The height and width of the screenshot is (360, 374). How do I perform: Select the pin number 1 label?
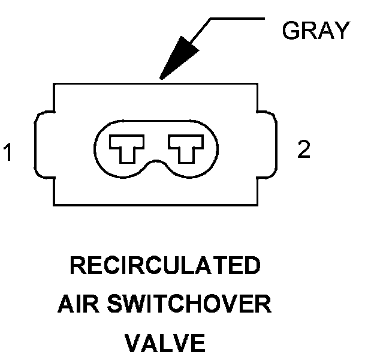point(8,152)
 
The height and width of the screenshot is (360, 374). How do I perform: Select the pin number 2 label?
point(304,149)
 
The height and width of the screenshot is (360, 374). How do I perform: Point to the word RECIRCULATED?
point(165,265)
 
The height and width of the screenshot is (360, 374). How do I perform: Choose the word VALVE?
point(165,344)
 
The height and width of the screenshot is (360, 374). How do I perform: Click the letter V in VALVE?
point(134,344)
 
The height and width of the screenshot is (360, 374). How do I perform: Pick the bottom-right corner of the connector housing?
point(257,205)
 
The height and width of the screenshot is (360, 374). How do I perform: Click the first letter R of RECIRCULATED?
point(78,265)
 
